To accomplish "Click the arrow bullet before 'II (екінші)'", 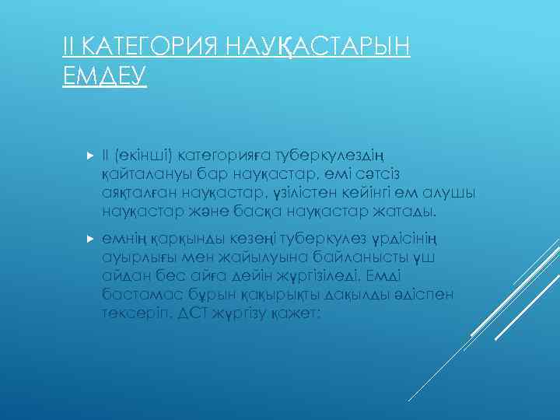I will pos(88,155).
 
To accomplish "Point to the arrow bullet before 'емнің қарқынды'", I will pos(88,238).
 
